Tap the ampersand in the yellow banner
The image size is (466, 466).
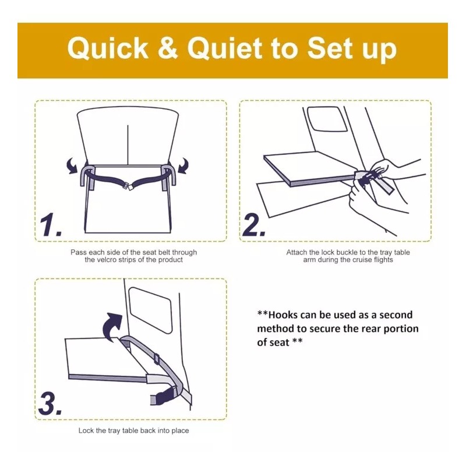pyautogui.click(x=168, y=50)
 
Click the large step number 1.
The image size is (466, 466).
pyautogui.click(x=50, y=225)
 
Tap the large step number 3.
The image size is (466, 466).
pyautogui.click(x=50, y=403)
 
